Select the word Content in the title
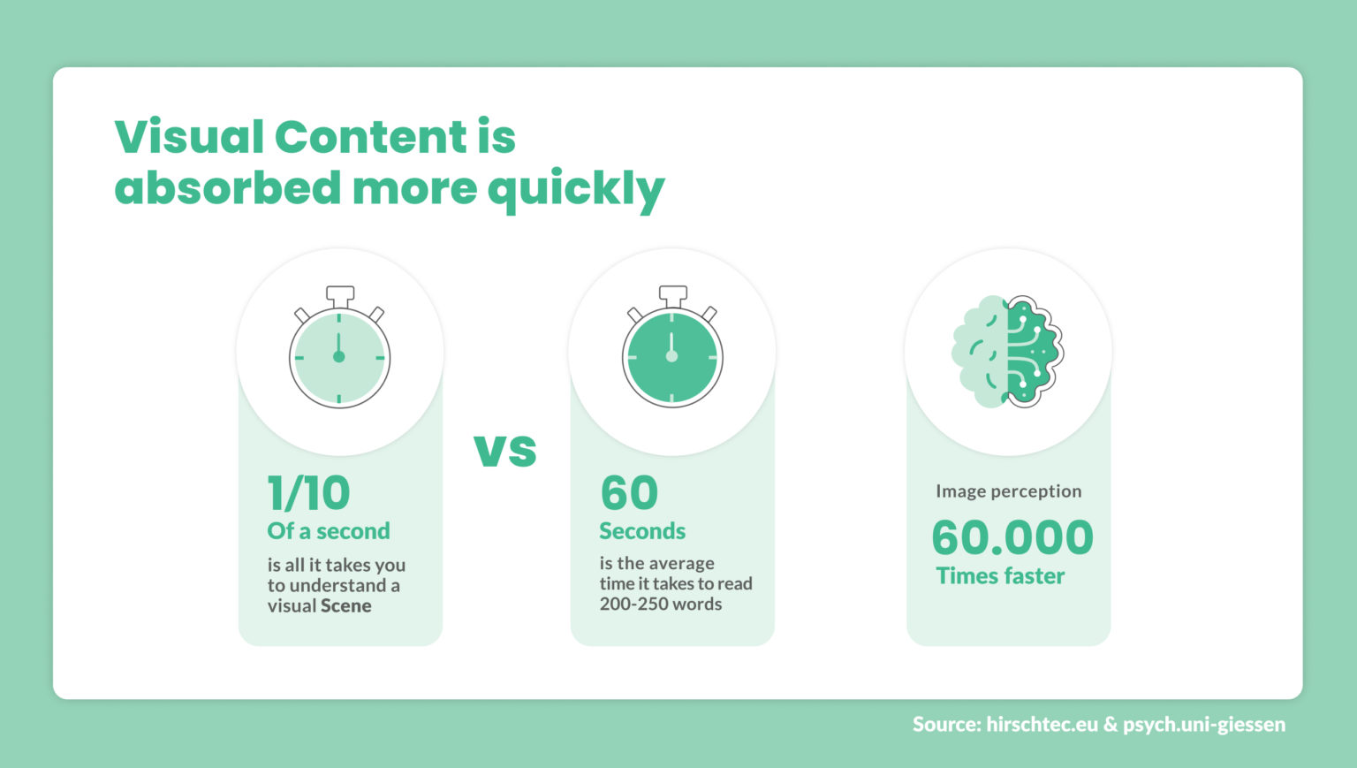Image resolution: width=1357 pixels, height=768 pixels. (x=370, y=137)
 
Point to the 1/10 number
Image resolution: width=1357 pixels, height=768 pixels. (x=309, y=493)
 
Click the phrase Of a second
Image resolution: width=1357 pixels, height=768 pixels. (x=329, y=531)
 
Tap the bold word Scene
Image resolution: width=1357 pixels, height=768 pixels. (x=345, y=606)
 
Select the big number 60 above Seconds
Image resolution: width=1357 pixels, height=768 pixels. (x=629, y=493)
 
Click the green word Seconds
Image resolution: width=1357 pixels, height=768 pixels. (x=642, y=531)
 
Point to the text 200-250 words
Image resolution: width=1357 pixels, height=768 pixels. (x=661, y=605)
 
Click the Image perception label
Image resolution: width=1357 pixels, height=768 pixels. (x=1008, y=491)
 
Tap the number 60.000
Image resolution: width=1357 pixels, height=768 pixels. (x=1012, y=537)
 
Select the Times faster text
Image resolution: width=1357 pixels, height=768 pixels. (x=1000, y=576)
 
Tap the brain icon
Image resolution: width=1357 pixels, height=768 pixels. (x=1007, y=351)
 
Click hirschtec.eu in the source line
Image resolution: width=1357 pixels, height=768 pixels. (x=1042, y=725)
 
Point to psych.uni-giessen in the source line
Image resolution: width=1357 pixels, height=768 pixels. (x=1204, y=725)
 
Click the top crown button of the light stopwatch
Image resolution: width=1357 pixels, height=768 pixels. (x=340, y=294)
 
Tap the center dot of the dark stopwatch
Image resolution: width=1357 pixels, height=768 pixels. (x=671, y=356)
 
